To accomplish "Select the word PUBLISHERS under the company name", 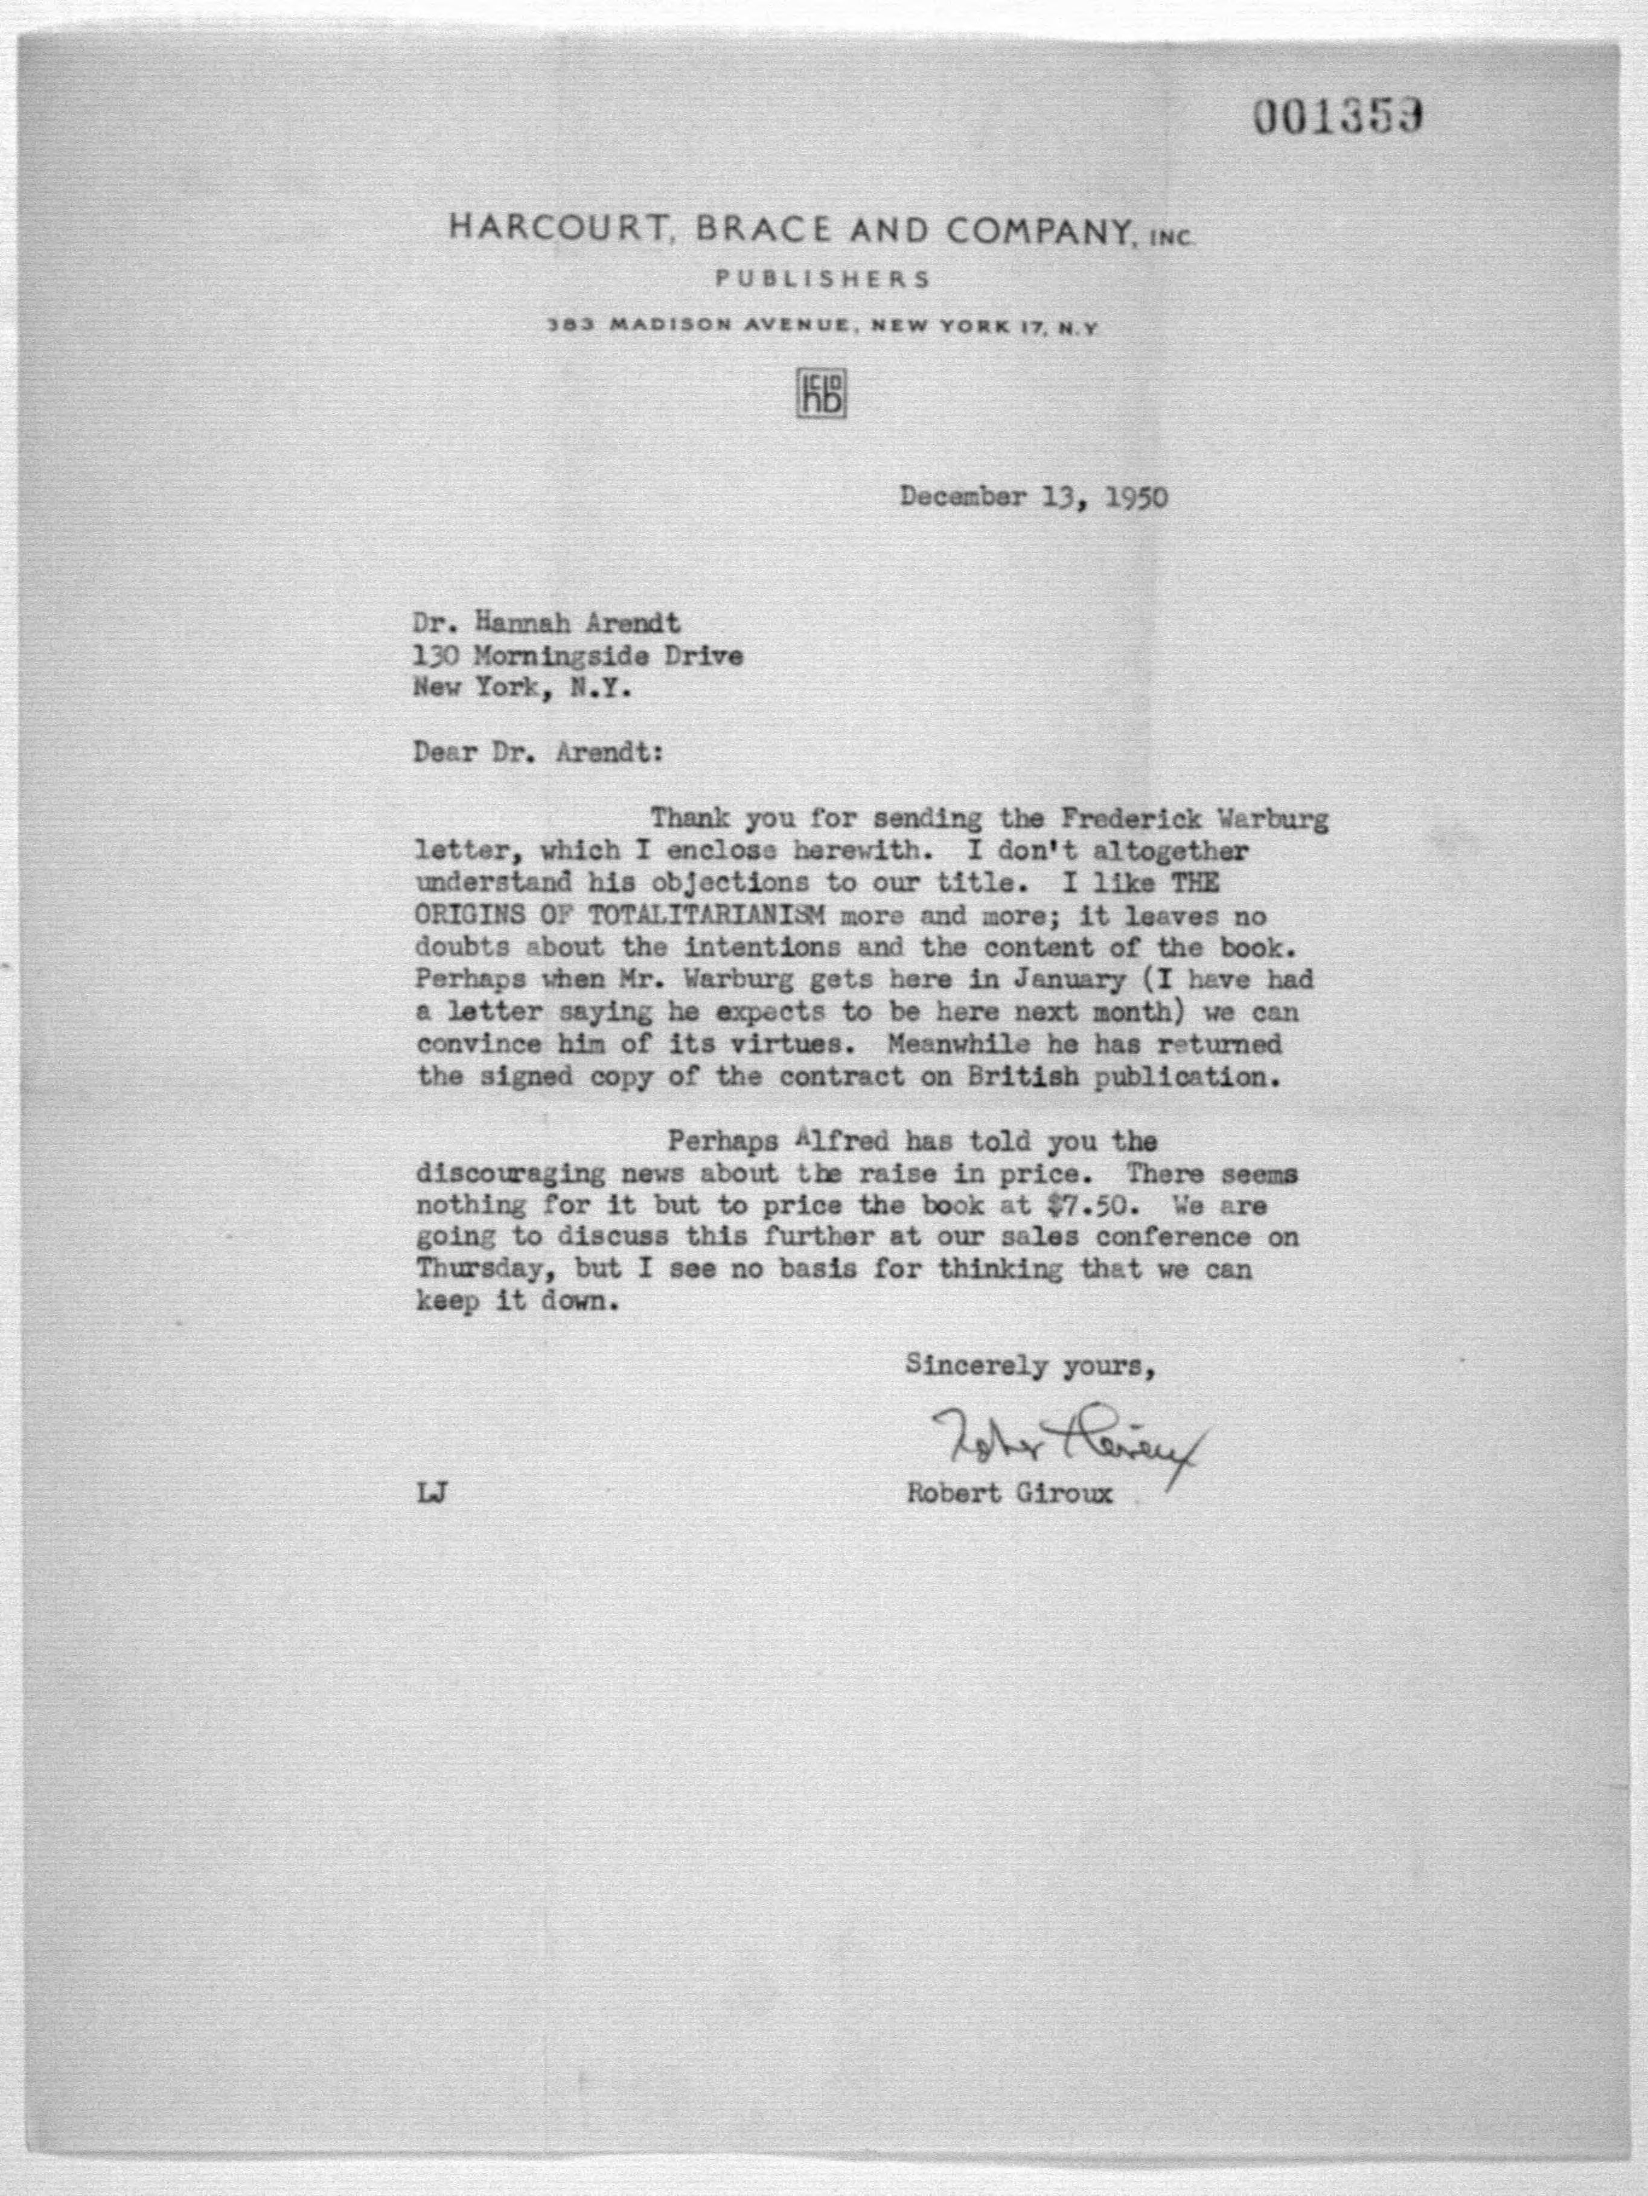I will point(823,279).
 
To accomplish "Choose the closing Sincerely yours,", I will point(1029,1366).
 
